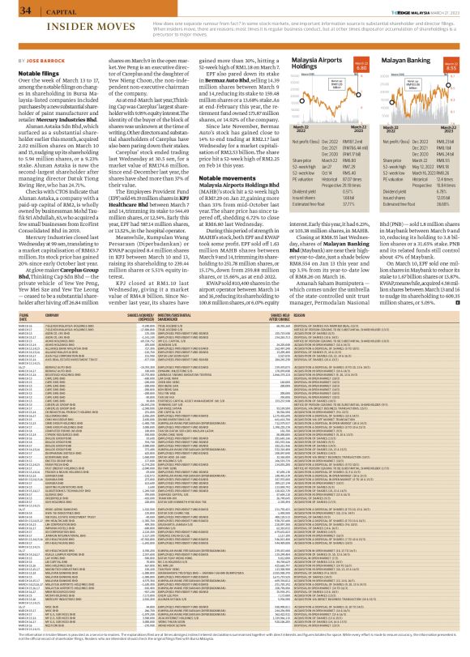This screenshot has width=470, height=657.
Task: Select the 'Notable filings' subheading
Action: [x=32, y=72]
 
